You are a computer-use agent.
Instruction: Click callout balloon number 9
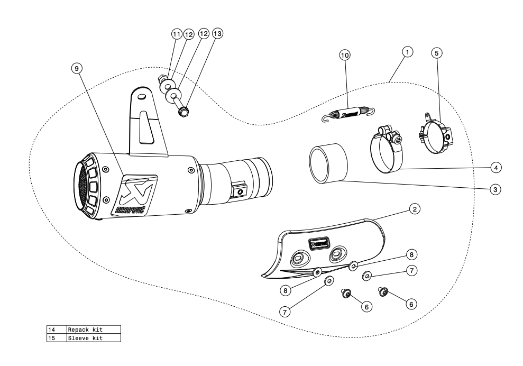coord(78,68)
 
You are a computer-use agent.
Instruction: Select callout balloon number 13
coord(217,33)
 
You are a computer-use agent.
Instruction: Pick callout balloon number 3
coord(495,188)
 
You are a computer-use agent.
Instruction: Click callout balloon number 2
coord(416,209)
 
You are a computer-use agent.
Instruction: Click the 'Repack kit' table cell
coord(93,329)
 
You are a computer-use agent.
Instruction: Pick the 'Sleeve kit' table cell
coord(93,337)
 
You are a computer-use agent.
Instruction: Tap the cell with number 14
coord(56,329)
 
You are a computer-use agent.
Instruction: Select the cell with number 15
coord(56,337)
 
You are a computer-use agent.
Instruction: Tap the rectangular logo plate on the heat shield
coord(319,244)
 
